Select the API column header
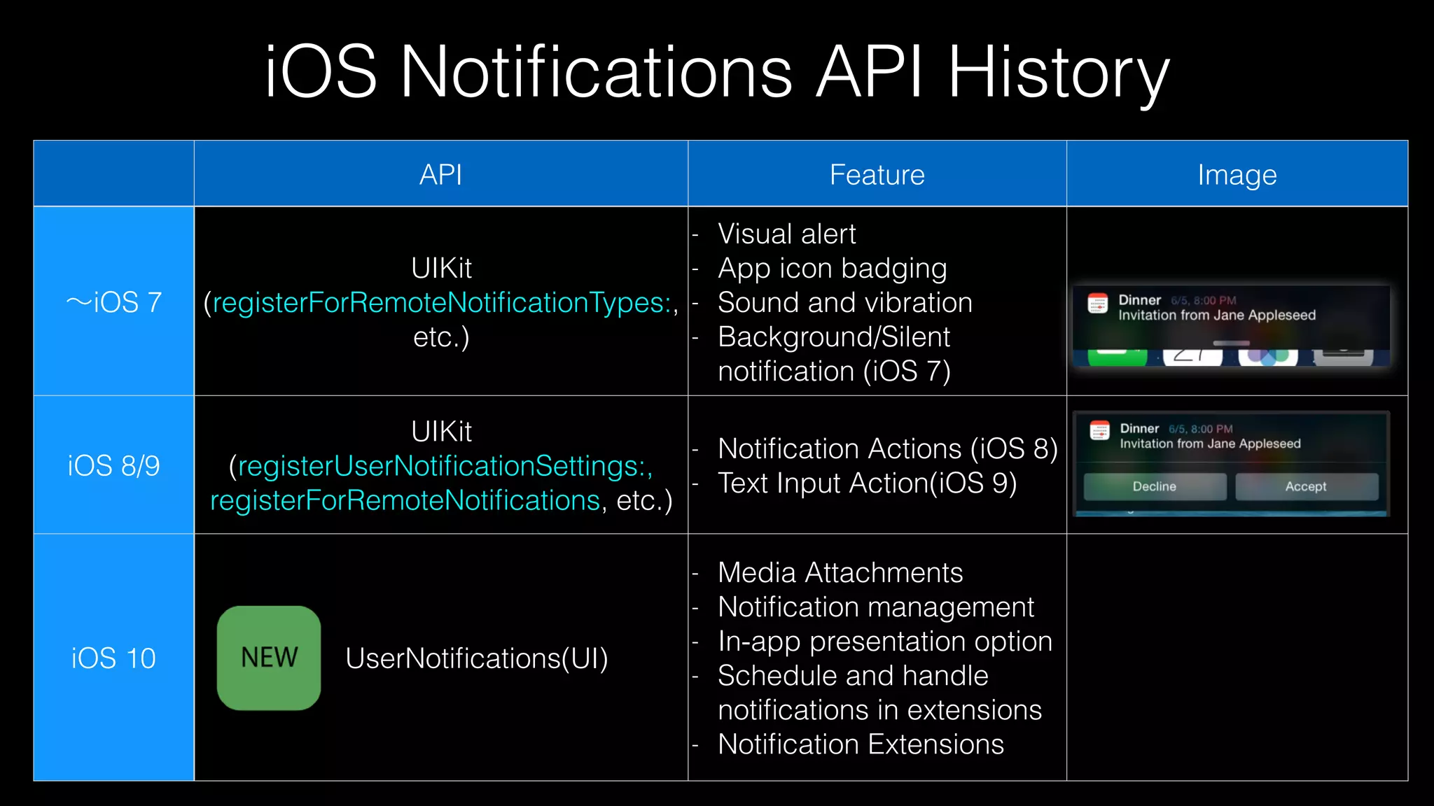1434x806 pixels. point(440,174)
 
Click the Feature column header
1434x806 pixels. point(877,174)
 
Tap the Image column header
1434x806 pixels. point(1237,174)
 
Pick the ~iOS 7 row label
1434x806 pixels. point(113,302)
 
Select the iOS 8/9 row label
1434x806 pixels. point(113,465)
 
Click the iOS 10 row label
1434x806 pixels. point(113,658)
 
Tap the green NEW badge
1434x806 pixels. point(269,658)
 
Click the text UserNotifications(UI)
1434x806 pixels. point(476,658)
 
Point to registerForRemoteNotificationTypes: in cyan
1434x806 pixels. point(441,302)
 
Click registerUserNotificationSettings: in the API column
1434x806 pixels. point(445,466)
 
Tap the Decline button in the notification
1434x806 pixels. point(1155,486)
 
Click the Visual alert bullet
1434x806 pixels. point(786,234)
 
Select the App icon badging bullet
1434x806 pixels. point(832,268)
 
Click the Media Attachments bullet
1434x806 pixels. point(840,572)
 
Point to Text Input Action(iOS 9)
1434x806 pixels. point(867,483)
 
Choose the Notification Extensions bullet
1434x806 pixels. point(861,744)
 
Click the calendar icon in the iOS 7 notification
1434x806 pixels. point(1097,304)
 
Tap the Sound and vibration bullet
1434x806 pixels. point(844,302)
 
